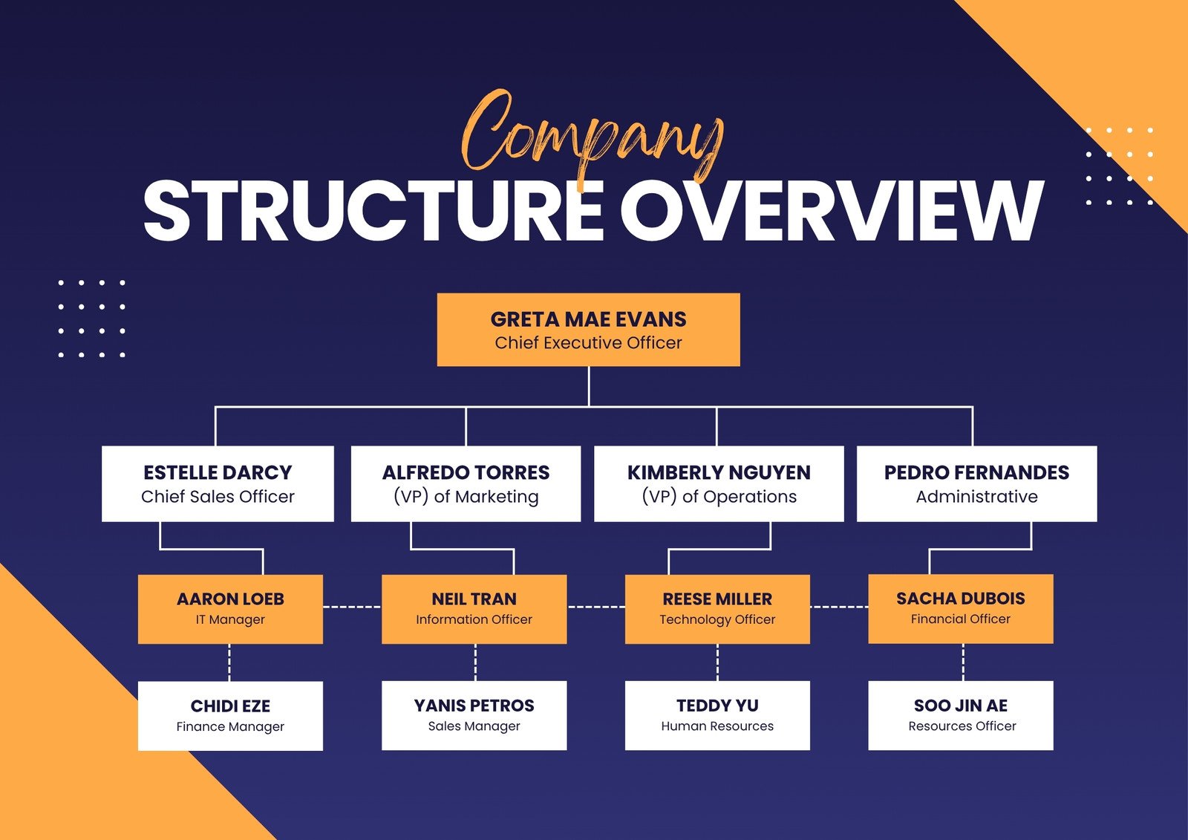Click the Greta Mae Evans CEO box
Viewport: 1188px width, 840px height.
pyautogui.click(x=588, y=330)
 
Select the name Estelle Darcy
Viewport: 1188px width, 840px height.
pyautogui.click(x=218, y=472)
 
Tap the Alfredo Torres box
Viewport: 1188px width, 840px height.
pyautogui.click(x=466, y=484)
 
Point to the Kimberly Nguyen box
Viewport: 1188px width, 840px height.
pyautogui.click(x=719, y=484)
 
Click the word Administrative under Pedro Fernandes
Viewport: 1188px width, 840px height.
pyautogui.click(x=976, y=497)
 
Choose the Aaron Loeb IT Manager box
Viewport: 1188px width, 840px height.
pyautogui.click(x=230, y=608)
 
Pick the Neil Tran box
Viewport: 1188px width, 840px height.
pyautogui.click(x=474, y=608)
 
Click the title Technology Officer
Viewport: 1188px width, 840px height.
pyautogui.click(x=717, y=619)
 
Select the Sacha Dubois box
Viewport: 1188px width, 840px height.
pyautogui.click(x=960, y=608)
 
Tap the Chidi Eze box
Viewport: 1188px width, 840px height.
pyautogui.click(x=230, y=715)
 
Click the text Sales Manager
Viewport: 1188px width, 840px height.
pyautogui.click(x=474, y=726)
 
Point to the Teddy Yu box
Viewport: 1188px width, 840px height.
pyautogui.click(x=717, y=715)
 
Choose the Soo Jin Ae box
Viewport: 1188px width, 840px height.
pyautogui.click(x=960, y=715)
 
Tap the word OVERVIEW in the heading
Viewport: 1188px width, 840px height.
pyautogui.click(x=832, y=212)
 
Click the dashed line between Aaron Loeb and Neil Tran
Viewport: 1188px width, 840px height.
pyautogui.click(x=352, y=607)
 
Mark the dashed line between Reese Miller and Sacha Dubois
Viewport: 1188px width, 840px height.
pyautogui.click(x=839, y=607)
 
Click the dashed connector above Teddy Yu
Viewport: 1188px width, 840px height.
pyautogui.click(x=717, y=662)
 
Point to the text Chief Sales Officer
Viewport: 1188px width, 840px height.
pyautogui.click(x=218, y=497)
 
